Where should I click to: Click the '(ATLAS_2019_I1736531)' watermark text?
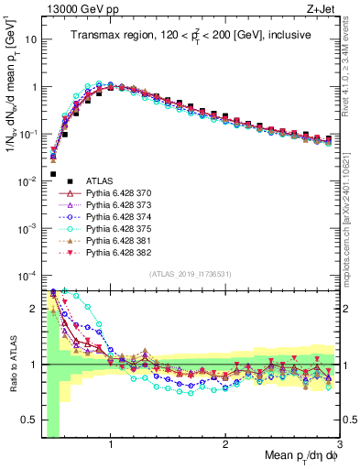click(190, 275)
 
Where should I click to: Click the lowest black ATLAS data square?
click(53, 174)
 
